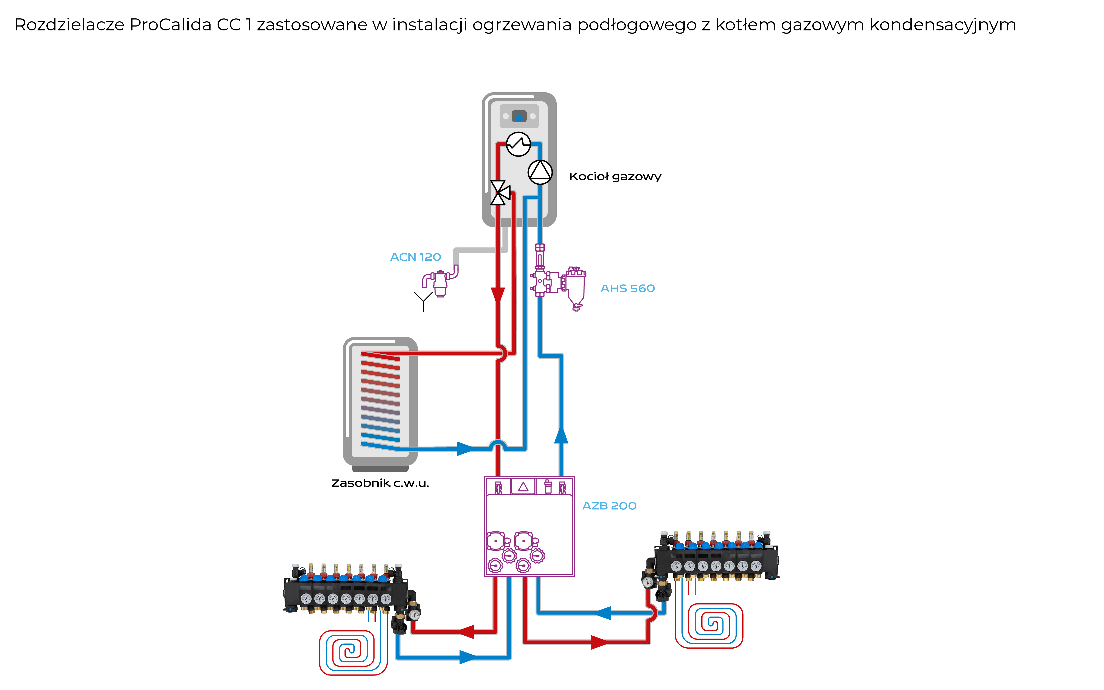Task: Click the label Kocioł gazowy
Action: (615, 177)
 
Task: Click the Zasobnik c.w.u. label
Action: (380, 483)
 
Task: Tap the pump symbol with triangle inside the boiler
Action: (540, 172)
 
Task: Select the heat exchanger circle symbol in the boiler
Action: (518, 144)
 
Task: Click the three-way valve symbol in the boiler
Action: (499, 193)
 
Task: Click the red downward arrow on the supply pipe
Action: (498, 296)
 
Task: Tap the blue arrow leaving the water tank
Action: (465, 449)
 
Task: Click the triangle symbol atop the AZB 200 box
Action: (523, 486)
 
